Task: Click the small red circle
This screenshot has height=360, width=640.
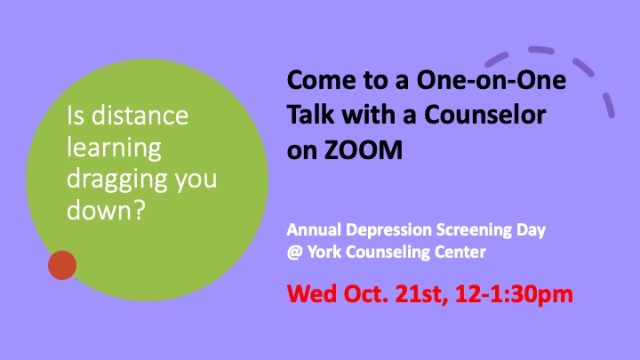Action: coord(62,265)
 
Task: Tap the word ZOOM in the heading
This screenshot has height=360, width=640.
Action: coord(364,150)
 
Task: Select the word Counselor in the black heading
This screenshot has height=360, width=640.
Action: coord(485,115)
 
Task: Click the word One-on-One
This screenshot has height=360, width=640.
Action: coord(491,79)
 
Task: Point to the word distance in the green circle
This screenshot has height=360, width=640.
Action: coord(140,116)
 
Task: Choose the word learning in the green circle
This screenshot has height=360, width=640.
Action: coord(115,148)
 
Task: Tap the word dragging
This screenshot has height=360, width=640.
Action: coord(117,180)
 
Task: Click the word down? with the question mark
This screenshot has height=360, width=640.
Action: coord(106,210)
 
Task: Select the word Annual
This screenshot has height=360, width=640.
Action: coord(314,229)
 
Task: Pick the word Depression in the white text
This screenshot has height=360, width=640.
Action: coord(389,230)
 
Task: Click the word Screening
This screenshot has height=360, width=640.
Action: coord(474,230)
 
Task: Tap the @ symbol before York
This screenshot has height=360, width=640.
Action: coord(295,252)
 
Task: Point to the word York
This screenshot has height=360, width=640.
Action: coord(324,252)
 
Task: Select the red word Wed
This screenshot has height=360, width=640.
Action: coord(313,293)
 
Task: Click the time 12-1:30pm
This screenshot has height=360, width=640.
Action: coord(515,294)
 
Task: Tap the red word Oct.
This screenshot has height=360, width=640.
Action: coord(365,293)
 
